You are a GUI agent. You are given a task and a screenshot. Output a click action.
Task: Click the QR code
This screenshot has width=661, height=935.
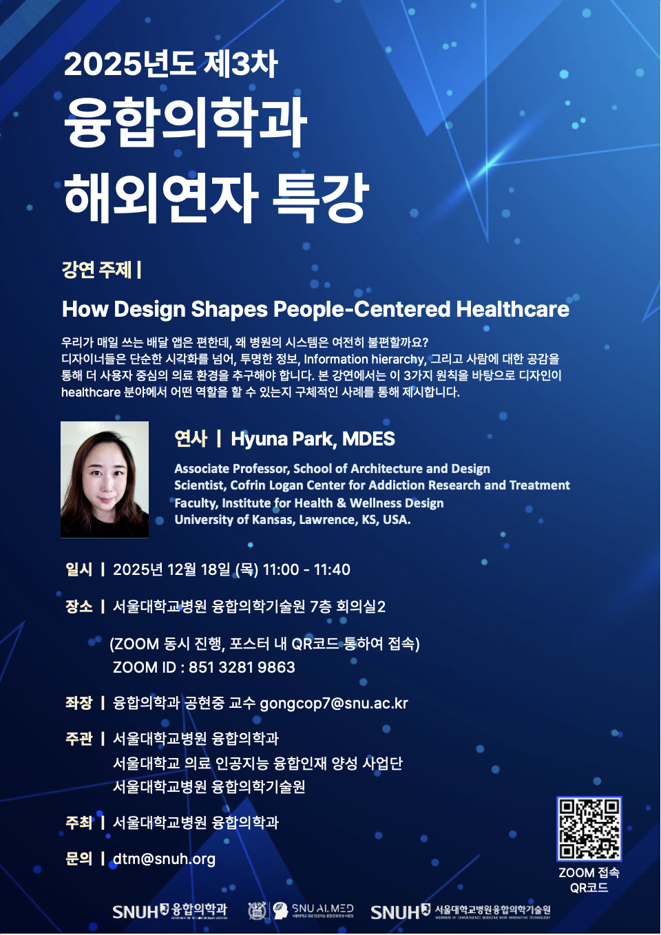589,829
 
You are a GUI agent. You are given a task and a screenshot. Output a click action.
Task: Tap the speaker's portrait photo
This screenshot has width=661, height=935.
105,479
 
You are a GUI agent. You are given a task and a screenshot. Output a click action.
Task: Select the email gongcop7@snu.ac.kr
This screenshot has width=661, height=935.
334,703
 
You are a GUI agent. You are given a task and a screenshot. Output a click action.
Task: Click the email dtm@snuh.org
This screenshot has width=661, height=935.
164,859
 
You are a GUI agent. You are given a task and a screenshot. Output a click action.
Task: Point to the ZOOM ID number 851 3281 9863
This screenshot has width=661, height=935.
242,667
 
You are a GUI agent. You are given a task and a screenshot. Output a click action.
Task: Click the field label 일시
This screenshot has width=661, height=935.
78,569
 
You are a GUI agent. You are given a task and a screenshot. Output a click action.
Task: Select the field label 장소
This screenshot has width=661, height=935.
78,607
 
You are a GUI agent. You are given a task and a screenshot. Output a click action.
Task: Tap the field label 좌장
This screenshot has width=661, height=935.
78,703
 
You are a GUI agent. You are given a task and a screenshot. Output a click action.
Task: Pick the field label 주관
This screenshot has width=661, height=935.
78,739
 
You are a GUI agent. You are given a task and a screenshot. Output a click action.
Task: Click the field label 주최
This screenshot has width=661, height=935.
78,823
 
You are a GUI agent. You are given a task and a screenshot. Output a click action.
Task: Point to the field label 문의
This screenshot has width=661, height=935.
78,859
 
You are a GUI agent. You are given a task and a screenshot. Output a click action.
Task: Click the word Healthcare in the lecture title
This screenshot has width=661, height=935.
512,309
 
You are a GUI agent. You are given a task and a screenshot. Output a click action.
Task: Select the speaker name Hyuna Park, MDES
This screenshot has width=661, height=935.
313,439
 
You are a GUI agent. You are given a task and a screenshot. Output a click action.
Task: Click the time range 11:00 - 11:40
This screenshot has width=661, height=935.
306,569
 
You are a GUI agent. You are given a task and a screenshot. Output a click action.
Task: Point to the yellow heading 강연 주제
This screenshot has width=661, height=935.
96,269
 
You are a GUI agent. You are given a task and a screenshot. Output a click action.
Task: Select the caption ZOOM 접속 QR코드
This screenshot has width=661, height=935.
589,880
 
